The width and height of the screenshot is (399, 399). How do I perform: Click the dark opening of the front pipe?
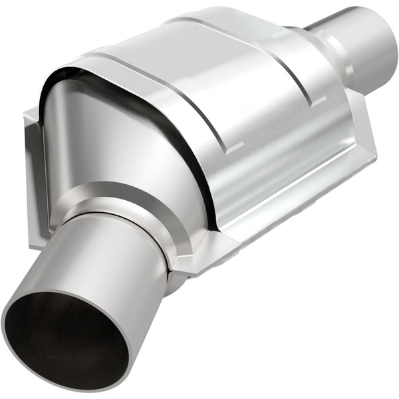coord(63,339)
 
